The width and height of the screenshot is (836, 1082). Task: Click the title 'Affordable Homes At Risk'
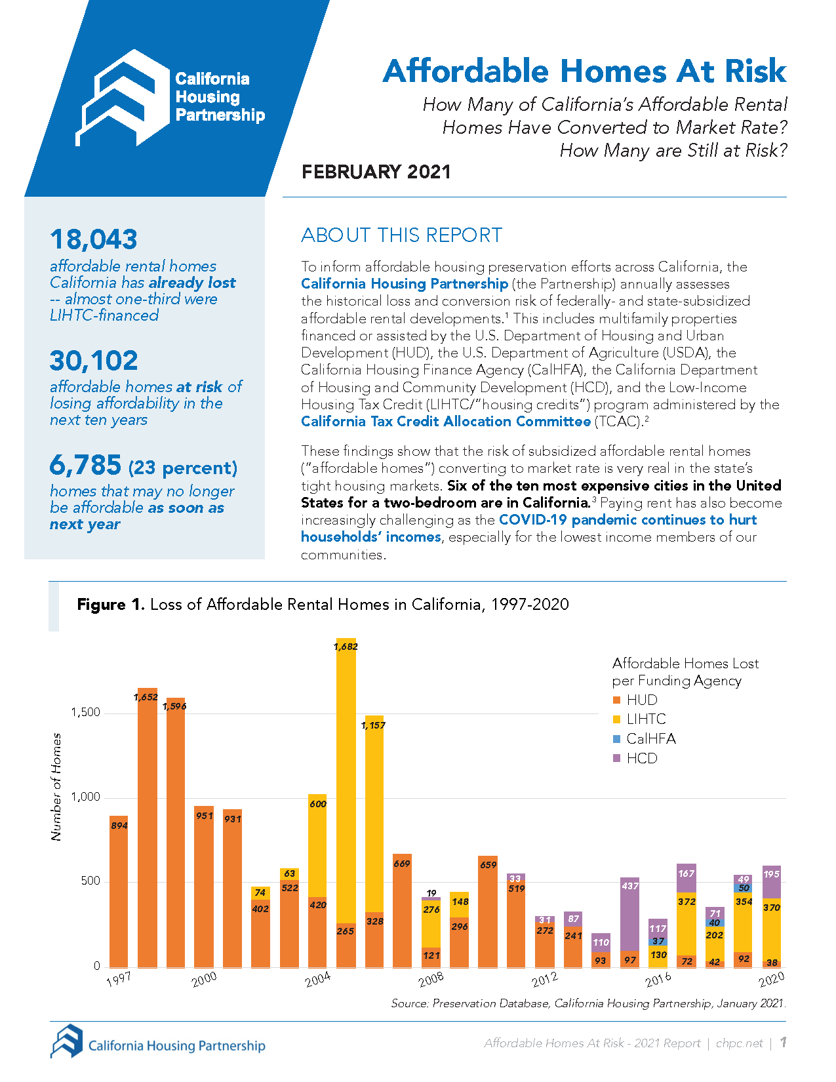click(584, 71)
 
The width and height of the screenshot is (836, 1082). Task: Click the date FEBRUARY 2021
click(376, 172)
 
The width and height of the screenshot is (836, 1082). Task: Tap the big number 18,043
click(94, 239)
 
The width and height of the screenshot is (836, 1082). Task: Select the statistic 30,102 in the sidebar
click(94, 361)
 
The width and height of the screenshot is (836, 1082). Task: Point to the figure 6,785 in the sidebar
click(86, 466)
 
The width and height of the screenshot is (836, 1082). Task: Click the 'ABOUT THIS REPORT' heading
click(401, 235)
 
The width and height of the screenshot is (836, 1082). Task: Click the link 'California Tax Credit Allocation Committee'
click(446, 422)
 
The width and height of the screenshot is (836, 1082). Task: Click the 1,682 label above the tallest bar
click(346, 647)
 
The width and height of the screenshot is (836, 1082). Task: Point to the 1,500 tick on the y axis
click(86, 712)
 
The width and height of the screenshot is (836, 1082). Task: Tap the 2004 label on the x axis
click(318, 980)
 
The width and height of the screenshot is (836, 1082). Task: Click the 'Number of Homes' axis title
click(56, 786)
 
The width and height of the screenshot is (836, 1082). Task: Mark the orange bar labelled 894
click(119, 892)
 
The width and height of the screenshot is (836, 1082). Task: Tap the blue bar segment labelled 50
click(743, 888)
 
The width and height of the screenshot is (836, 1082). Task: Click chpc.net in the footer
click(739, 1043)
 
